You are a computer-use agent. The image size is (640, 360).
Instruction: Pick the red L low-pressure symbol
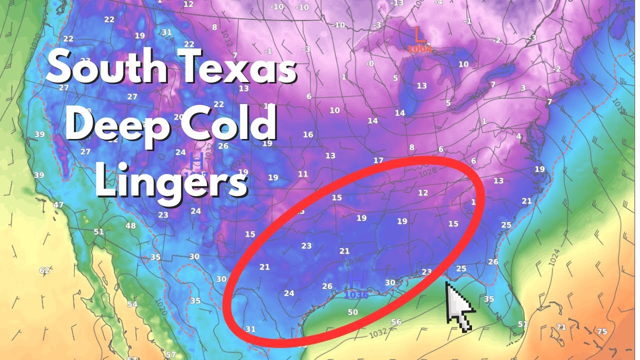pos(419,35)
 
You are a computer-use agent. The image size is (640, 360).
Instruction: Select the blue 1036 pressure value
pos(356,295)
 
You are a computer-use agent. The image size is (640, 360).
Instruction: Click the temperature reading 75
pos(602,331)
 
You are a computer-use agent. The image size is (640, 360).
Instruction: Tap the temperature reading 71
pos(561,327)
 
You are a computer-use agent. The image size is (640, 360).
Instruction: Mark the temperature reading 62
pos(44,270)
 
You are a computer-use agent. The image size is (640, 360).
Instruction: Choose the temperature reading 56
pos(396,322)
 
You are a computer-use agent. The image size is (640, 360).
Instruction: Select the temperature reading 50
pos(352,312)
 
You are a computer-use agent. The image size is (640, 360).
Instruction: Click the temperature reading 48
pos(130,226)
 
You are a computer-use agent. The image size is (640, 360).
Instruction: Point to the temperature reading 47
pos(58,205)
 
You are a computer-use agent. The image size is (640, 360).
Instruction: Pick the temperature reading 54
pos(132,304)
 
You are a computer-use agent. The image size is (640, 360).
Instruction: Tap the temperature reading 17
pos(378,160)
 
